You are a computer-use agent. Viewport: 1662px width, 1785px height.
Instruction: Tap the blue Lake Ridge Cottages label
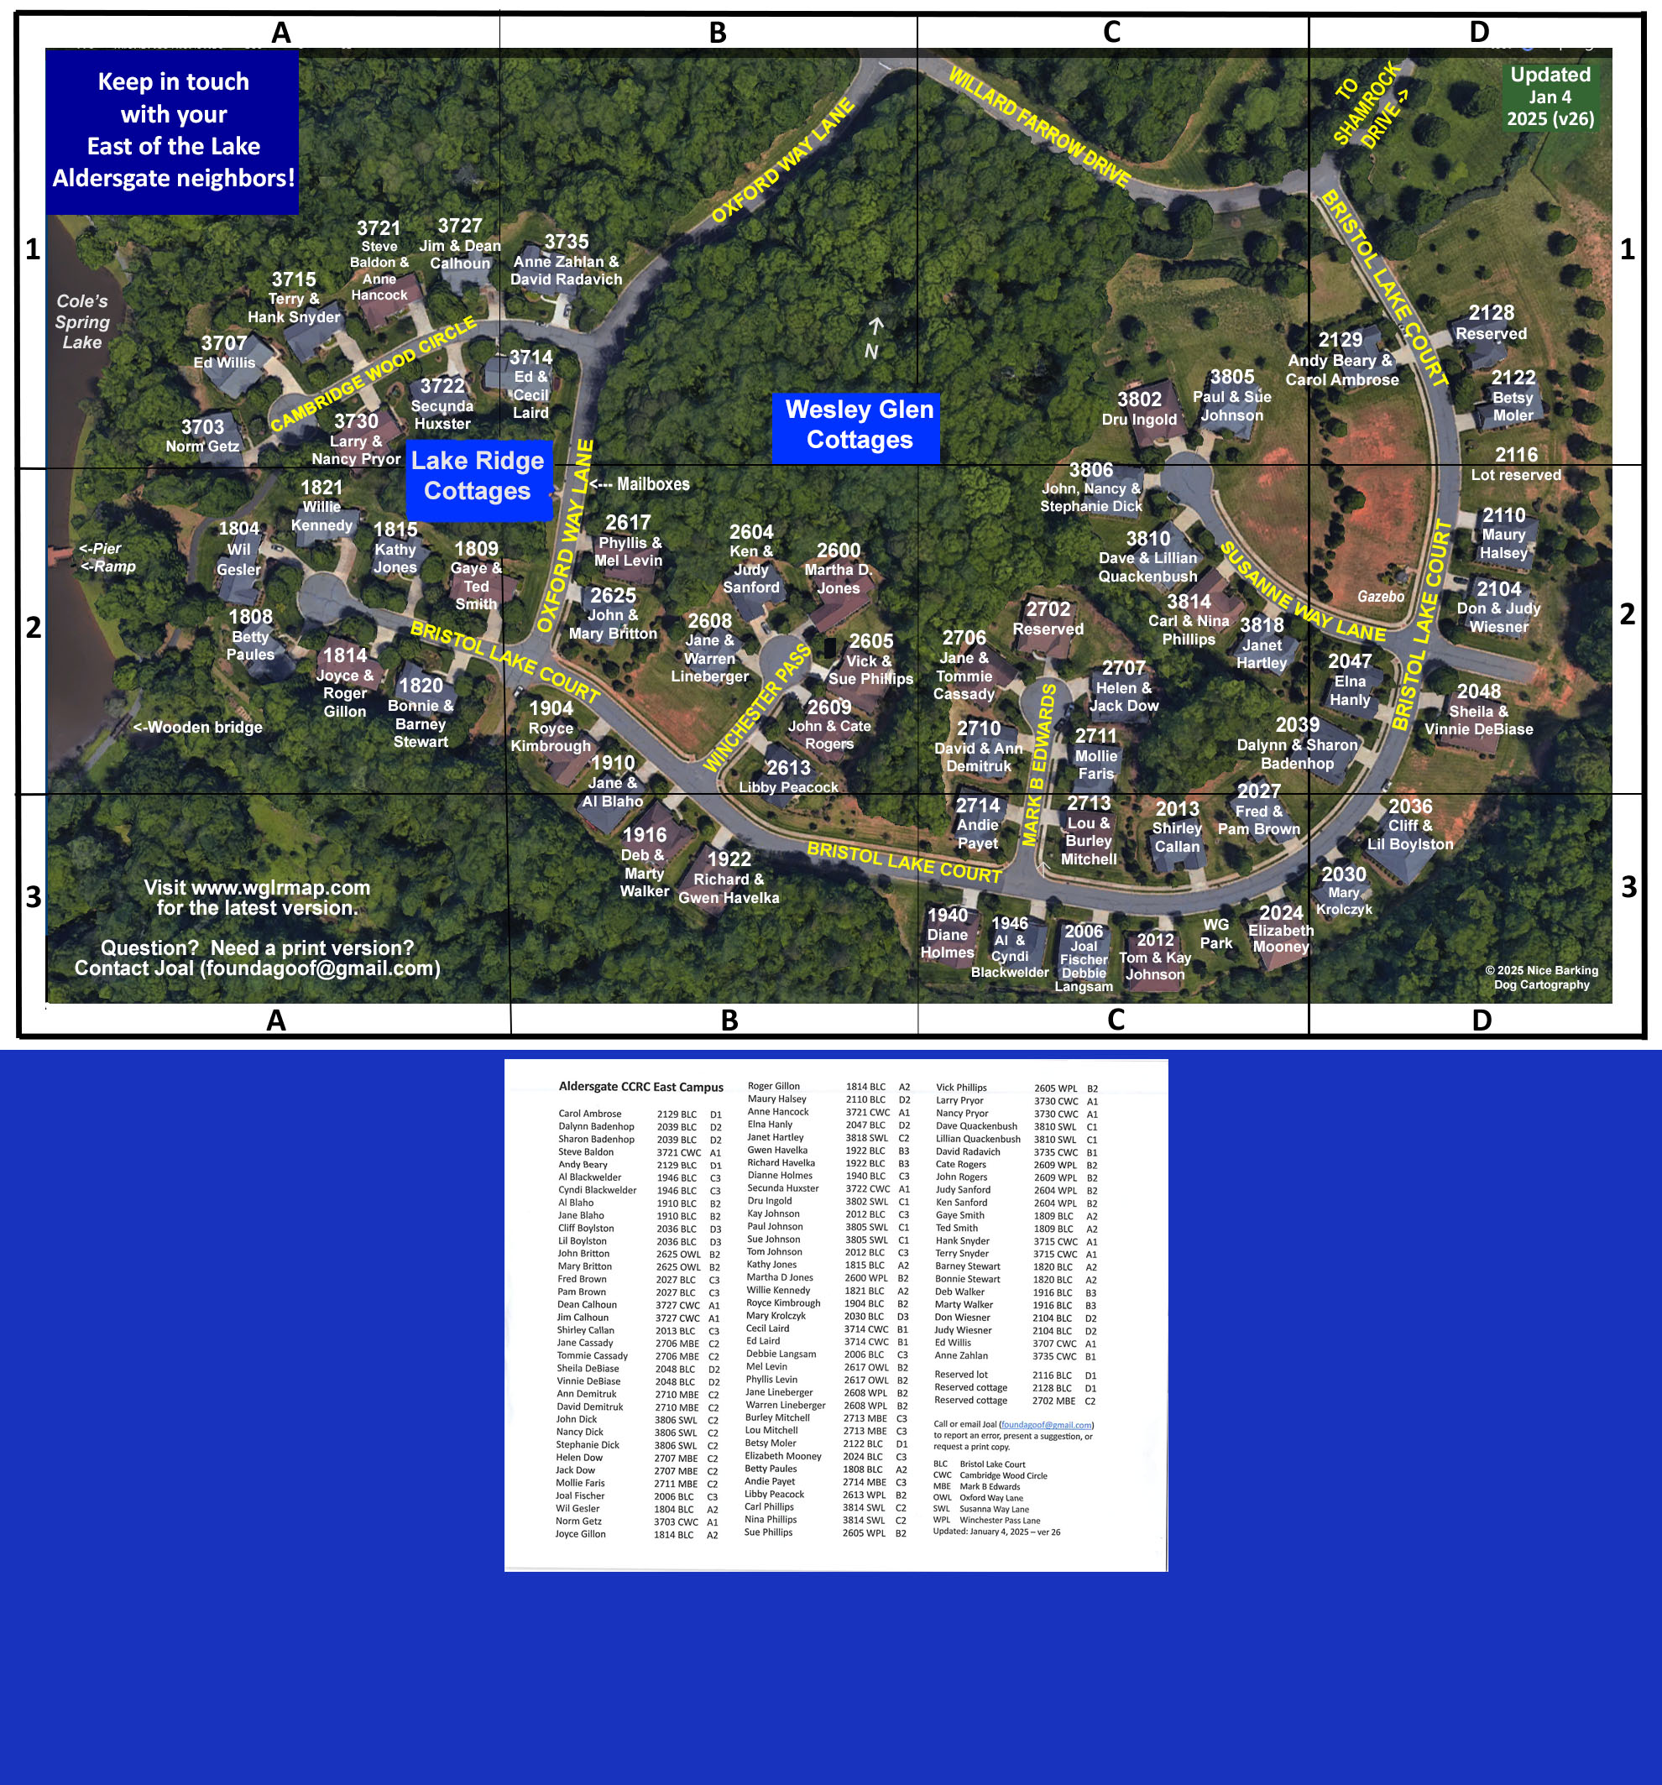(x=477, y=476)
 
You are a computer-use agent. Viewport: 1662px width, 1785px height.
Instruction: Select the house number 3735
(x=567, y=242)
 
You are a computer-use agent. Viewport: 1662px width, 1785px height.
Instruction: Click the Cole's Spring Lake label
(x=81, y=321)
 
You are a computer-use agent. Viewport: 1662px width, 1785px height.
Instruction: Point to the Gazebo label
(x=1380, y=596)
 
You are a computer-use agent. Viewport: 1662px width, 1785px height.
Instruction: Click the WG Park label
(x=1215, y=933)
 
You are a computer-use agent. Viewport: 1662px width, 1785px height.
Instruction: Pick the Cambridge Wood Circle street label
(x=374, y=373)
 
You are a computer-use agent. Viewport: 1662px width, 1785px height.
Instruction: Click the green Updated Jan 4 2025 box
(x=1550, y=96)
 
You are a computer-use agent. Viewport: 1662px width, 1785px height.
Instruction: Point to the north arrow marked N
(x=874, y=339)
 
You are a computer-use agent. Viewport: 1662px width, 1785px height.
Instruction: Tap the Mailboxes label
(x=640, y=484)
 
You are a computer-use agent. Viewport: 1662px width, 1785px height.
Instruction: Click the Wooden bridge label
(x=197, y=728)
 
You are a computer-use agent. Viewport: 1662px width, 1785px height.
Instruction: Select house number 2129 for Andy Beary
(x=1340, y=339)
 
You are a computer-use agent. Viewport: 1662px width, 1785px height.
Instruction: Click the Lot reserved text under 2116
(x=1516, y=475)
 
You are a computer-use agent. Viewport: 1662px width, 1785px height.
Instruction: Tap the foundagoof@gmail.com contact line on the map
(x=257, y=968)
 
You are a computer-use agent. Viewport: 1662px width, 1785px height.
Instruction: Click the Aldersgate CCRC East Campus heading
(x=640, y=1087)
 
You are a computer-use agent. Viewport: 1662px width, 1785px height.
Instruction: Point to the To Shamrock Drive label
(x=1370, y=105)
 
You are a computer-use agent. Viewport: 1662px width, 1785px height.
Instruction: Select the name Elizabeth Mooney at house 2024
(x=1280, y=938)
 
